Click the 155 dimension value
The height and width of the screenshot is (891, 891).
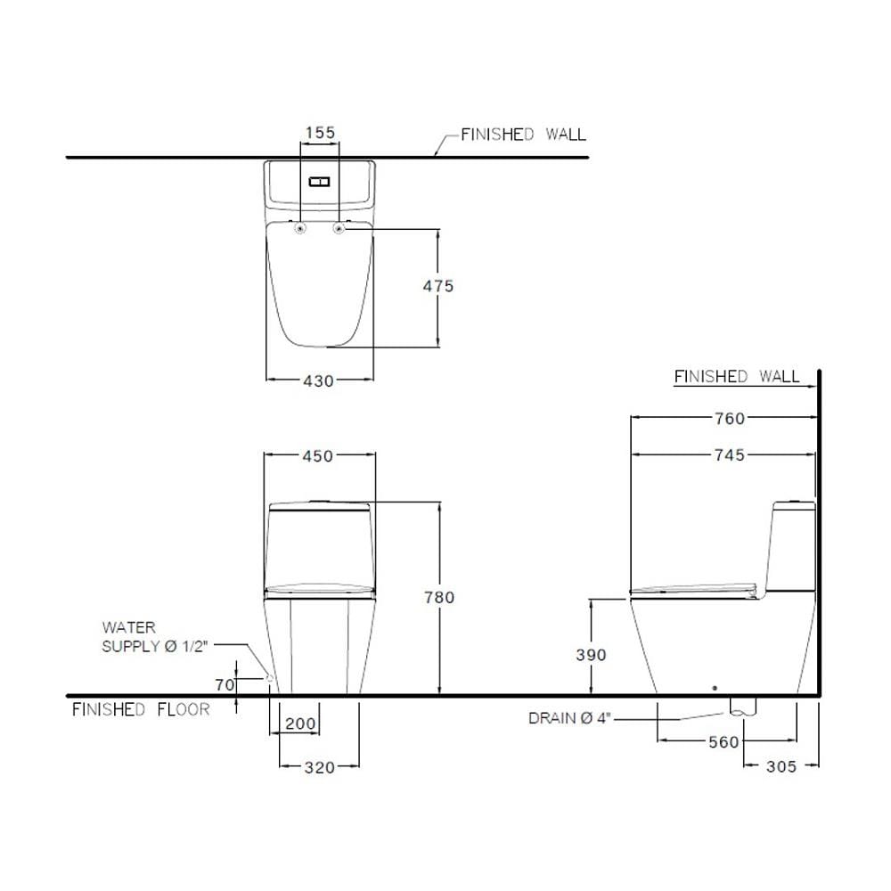pos(321,133)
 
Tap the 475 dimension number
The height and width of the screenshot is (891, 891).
pos(438,286)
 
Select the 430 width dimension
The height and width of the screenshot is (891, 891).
pos(318,380)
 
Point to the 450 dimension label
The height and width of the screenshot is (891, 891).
pos(318,455)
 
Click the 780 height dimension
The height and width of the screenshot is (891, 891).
pos(439,597)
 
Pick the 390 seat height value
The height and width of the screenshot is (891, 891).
pos(591,655)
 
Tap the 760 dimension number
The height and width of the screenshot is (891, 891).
pos(730,418)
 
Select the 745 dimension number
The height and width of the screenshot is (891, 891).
pos(730,454)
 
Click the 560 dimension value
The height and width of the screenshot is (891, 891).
pos(723,742)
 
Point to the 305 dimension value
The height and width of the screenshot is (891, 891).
pos(781,766)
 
